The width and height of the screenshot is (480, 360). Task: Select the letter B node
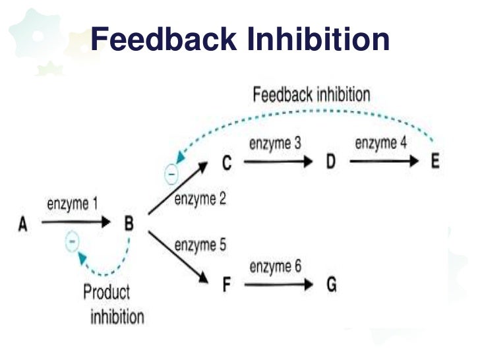[x=129, y=224]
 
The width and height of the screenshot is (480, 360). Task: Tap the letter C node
[x=226, y=162]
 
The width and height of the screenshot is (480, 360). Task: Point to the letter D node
[x=331, y=162]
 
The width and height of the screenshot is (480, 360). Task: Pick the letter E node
[x=435, y=162]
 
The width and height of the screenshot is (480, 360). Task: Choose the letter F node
[x=226, y=286]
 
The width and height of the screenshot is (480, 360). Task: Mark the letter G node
[x=332, y=286]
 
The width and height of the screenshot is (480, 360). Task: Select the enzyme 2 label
[x=200, y=198]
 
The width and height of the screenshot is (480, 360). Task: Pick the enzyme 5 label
[x=200, y=245]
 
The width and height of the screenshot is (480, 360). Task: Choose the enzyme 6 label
[x=275, y=267]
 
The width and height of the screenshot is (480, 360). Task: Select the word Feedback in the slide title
[x=164, y=40]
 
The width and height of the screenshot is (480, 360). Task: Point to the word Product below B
[x=107, y=292]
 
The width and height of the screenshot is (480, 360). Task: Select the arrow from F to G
[x=277, y=286]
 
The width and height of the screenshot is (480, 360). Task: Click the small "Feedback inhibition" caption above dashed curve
[x=311, y=94]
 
